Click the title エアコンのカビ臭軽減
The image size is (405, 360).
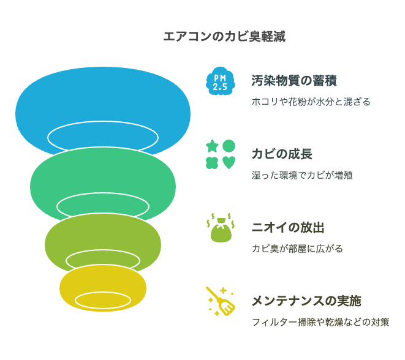tap(224, 36)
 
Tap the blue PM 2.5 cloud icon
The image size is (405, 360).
tap(221, 81)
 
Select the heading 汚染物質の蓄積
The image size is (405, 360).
tap(294, 80)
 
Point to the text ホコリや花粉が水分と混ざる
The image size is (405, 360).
tap(311, 102)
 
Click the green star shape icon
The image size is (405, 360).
tap(212, 146)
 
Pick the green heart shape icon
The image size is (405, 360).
tap(229, 163)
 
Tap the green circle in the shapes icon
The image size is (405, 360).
tap(229, 146)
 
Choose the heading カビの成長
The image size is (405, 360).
tap(282, 154)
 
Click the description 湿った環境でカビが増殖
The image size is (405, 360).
tap(302, 175)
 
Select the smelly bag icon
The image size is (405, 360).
tap(221, 228)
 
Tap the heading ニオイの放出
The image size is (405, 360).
tap(288, 227)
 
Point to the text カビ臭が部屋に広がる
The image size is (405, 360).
tap(297, 249)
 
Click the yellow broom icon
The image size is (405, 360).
tap(221, 301)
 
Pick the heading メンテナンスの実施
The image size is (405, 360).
tap(306, 301)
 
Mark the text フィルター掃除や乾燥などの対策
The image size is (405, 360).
tap(320, 322)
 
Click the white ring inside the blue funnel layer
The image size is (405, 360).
tap(103, 122)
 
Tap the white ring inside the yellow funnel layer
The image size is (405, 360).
tap(103, 293)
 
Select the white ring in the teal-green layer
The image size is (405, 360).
tap(103, 193)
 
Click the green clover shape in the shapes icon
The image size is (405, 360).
tap(212, 163)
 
